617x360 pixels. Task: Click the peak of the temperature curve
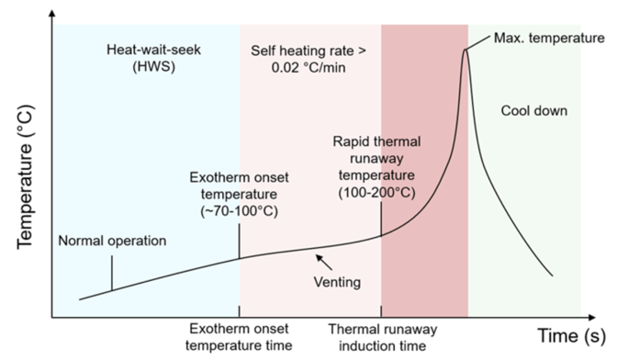(x=466, y=48)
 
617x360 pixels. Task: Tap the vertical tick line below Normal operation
(x=112, y=274)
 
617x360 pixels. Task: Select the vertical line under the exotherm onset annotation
(x=240, y=241)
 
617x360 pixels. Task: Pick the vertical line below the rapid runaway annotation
(x=380, y=218)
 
